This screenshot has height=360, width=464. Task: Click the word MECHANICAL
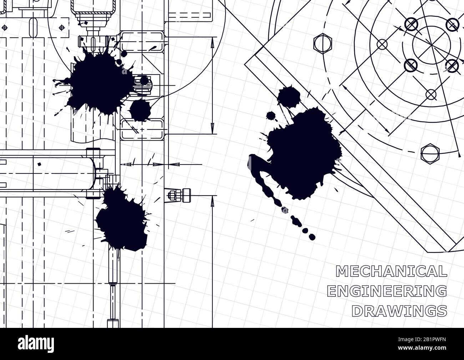pos(391,271)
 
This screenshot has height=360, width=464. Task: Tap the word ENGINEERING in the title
pos(387,291)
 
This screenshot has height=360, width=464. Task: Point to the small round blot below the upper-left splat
pos(140,110)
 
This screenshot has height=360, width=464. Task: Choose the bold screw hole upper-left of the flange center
pos(411,24)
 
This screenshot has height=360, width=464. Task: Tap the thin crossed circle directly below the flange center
pos(431,95)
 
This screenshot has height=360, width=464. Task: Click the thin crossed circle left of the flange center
pos(382,45)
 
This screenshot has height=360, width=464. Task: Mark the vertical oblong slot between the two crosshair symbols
pos(34,27)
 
